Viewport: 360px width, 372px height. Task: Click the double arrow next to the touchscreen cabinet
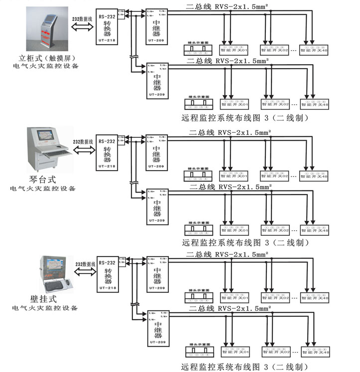(82, 29)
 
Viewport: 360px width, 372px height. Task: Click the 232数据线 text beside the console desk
(83, 142)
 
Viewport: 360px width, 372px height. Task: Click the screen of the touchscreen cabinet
(50, 18)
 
